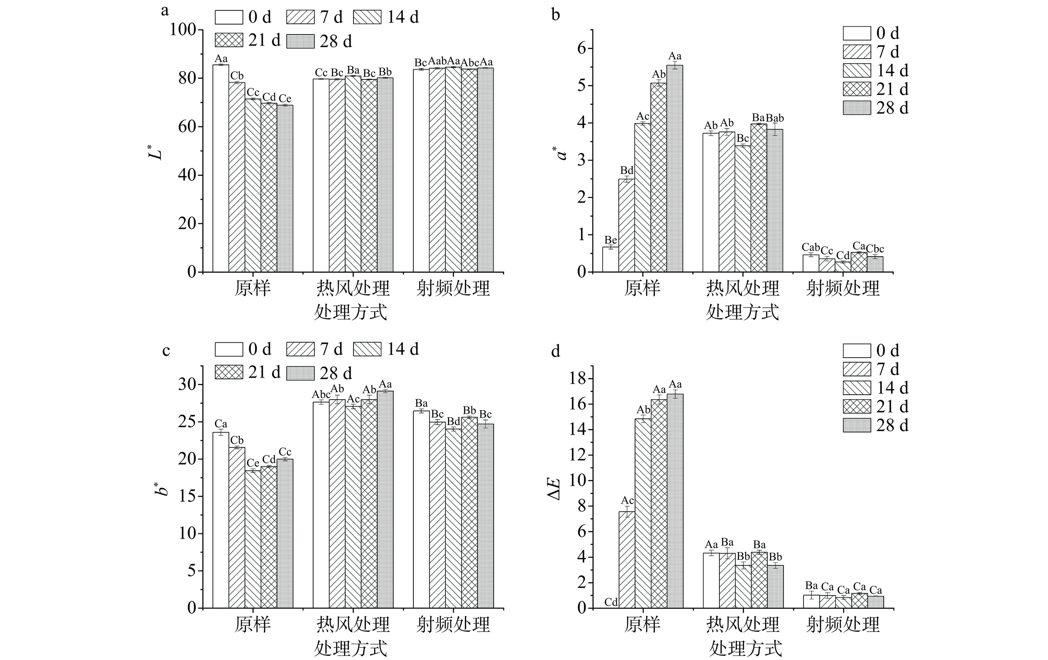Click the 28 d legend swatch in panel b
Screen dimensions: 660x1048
pyautogui.click(x=857, y=108)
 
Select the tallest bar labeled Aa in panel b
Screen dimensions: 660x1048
pyautogui.click(x=675, y=168)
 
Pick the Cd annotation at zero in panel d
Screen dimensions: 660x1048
pyautogui.click(x=611, y=602)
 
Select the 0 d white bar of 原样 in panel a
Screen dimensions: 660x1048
pyautogui.click(x=221, y=168)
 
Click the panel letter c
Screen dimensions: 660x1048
pyautogui.click(x=166, y=351)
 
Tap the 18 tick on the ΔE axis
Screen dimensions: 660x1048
pyautogui.click(x=578, y=379)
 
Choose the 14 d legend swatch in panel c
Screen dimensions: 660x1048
pyautogui.click(x=367, y=349)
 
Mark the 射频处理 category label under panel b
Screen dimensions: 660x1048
pyautogui.click(x=843, y=288)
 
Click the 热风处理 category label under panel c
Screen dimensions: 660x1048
pyautogui.click(x=353, y=624)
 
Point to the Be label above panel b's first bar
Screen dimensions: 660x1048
pyautogui.click(x=611, y=240)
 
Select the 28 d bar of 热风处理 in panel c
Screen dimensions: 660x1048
pyautogui.click(x=385, y=499)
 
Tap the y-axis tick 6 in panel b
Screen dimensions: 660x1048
pyautogui.click(x=582, y=48)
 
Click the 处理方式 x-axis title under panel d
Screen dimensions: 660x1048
pyautogui.click(x=746, y=649)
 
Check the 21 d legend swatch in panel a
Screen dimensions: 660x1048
pyautogui.click(x=228, y=40)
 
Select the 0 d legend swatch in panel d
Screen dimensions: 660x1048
pyautogui.click(x=857, y=351)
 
